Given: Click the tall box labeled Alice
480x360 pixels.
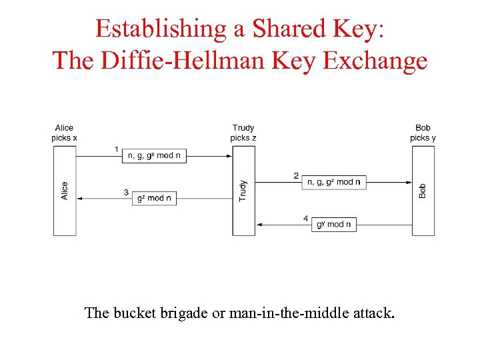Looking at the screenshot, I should tap(65, 190).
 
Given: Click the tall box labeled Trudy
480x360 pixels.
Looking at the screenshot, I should tap(243, 190).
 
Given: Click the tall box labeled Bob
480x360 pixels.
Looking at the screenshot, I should tap(423, 190).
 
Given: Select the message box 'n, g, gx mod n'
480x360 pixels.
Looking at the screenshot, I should tap(154, 155).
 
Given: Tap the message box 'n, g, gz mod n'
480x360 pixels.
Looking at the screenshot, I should tap(334, 182).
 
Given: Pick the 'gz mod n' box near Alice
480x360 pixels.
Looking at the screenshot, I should tap(154, 198).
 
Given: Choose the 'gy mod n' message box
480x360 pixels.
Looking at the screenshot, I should tap(334, 225).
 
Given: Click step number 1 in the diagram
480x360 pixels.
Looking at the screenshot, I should tap(117, 149).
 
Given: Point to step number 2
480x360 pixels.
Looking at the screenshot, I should tap(296, 175).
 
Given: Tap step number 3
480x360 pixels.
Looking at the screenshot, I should tap(126, 193).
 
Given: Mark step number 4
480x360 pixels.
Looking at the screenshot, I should tap(305, 219).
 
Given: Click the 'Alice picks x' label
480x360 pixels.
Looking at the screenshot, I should tap(65, 133).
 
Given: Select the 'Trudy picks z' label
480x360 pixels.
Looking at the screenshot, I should tap(243, 133).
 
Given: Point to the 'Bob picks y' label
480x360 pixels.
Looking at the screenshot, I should tap(423, 133).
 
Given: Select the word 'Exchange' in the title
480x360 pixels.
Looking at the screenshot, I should tap(375, 60).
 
